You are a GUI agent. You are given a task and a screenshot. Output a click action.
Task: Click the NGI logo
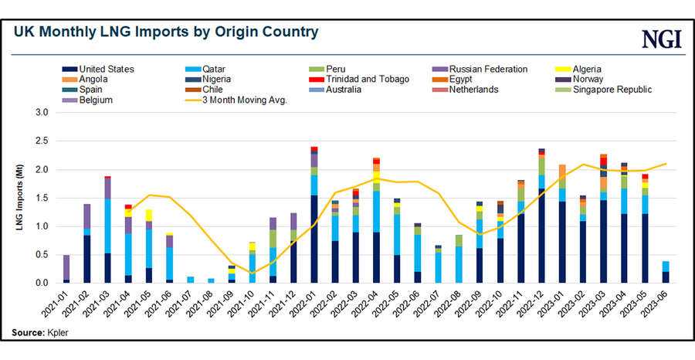(661, 39)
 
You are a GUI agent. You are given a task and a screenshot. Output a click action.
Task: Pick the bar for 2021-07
(190, 280)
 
